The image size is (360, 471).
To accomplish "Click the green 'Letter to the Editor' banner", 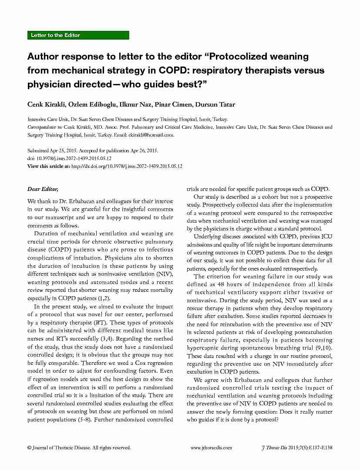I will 78,35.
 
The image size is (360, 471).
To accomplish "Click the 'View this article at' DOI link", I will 126,166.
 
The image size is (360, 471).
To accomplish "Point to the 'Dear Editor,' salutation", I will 42,189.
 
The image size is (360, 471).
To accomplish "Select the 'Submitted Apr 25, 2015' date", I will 49,150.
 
